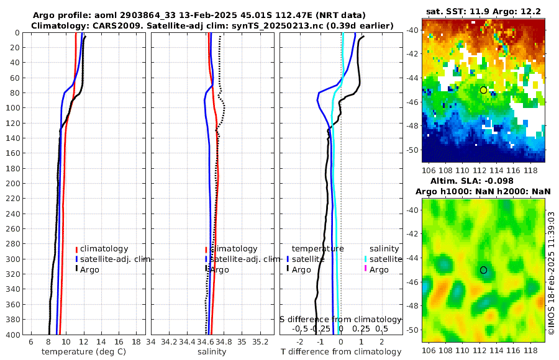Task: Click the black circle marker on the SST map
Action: pos(483,90)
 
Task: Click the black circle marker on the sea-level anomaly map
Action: pos(483,270)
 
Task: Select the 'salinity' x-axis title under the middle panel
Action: pos(211,352)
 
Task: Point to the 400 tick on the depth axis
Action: pos(12,335)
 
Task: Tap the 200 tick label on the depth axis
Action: pos(12,184)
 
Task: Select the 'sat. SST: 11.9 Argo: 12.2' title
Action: pos(483,12)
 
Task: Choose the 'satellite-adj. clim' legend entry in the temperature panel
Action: pos(115,259)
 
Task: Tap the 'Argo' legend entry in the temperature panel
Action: pos(91,269)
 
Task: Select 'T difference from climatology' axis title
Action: pos(341,352)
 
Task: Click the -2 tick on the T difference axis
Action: pos(301,342)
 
